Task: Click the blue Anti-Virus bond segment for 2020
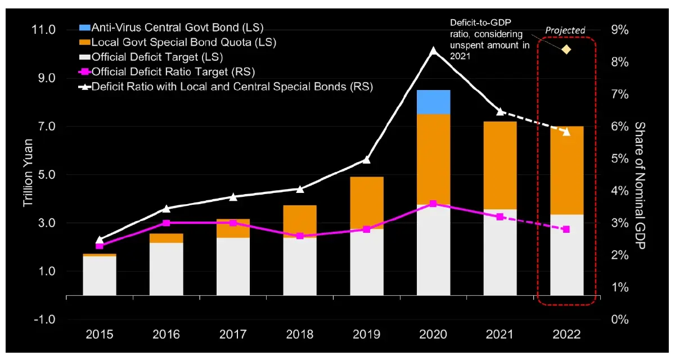click(433, 102)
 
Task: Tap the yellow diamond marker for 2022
click(566, 49)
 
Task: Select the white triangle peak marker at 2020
click(433, 50)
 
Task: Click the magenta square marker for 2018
click(300, 236)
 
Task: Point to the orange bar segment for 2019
click(367, 202)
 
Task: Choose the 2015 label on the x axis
click(100, 334)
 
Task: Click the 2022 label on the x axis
click(566, 334)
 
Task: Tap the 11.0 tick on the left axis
click(43, 30)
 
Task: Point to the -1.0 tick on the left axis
click(44, 319)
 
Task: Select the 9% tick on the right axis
click(620, 30)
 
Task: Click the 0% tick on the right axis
click(620, 319)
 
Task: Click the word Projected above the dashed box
click(565, 30)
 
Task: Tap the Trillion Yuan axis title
click(28, 173)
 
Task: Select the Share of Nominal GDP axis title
click(640, 186)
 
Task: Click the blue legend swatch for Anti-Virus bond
click(85, 28)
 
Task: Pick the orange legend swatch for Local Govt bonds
click(85, 42)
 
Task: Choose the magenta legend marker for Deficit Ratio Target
click(85, 71)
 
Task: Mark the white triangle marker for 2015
click(100, 240)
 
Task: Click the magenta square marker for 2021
click(500, 217)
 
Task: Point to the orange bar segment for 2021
click(500, 165)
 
